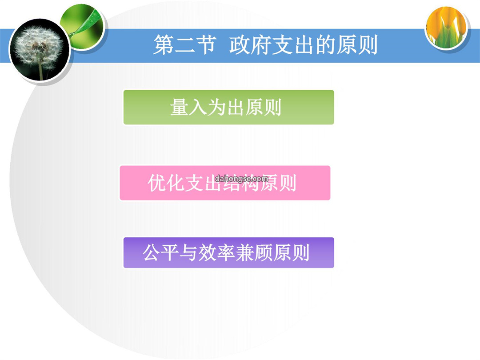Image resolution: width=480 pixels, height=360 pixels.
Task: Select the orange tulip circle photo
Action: (x=446, y=28)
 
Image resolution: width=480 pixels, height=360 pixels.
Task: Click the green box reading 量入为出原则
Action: (x=228, y=107)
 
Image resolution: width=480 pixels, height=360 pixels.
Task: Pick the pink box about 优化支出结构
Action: (x=225, y=183)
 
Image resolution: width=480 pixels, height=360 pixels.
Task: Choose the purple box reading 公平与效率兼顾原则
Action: (x=228, y=252)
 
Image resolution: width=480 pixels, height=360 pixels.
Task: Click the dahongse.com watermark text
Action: (x=241, y=179)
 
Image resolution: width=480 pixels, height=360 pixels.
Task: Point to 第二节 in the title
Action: (x=185, y=45)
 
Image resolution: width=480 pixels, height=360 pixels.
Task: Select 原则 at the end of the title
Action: (x=357, y=45)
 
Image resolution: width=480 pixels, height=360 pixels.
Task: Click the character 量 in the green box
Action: (x=179, y=107)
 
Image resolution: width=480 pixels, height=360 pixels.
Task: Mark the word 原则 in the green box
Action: (x=263, y=107)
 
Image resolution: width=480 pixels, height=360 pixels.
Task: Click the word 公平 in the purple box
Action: (x=160, y=252)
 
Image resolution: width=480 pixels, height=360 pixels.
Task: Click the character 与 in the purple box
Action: (x=188, y=253)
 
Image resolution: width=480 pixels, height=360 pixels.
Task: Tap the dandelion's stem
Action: (x=41, y=70)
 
